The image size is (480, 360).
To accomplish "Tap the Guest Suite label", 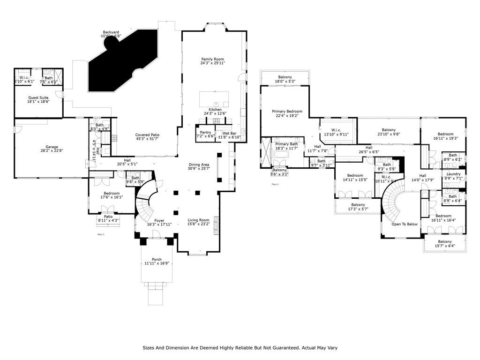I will click(x=38, y=98).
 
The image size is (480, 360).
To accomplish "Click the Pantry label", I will click(x=205, y=133).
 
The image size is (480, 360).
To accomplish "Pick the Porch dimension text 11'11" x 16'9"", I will click(x=157, y=263).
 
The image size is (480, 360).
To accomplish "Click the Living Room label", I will click(x=198, y=220).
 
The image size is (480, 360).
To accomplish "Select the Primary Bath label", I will click(x=287, y=144).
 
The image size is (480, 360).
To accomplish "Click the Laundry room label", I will click(x=453, y=174).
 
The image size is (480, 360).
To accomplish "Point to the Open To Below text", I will click(x=405, y=224).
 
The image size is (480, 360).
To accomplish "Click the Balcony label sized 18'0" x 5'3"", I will click(x=285, y=77).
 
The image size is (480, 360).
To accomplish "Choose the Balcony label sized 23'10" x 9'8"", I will click(x=389, y=130).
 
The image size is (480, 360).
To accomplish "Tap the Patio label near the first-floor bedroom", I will click(x=108, y=217).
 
